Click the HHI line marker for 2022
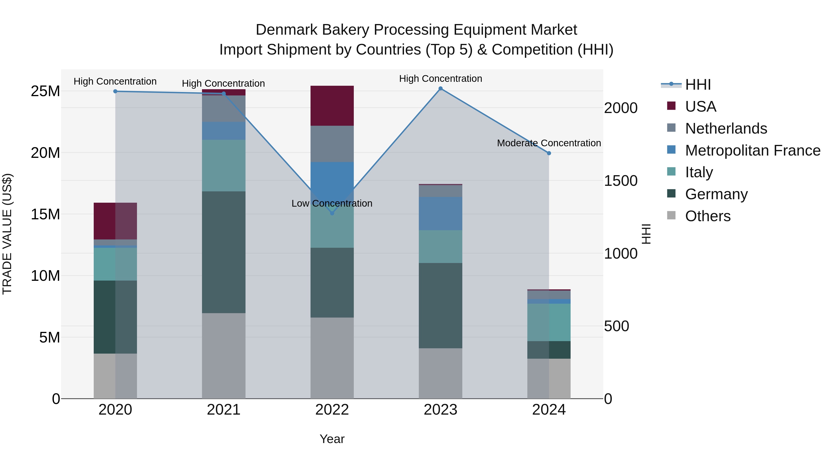pos(332,213)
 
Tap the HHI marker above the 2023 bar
pos(440,89)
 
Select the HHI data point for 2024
pos(549,153)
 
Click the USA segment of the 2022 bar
pos(332,106)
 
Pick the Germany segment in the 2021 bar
pos(224,252)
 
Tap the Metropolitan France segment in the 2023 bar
pos(440,214)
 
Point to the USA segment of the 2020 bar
pos(115,221)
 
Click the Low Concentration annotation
pos(332,203)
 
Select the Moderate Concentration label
pos(549,143)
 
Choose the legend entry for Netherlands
pos(726,128)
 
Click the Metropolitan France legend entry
pos(752,150)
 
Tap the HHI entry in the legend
pos(698,85)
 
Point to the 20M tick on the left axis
pos(45,153)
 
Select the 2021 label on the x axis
pos(224,410)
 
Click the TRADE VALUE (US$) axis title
pos(7,234)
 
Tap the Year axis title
pos(332,439)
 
